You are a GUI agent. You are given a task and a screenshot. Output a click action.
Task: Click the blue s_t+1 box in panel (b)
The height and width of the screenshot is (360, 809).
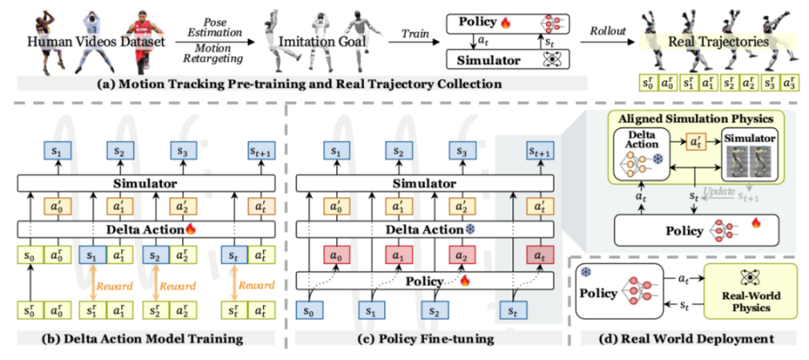(x=262, y=152)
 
